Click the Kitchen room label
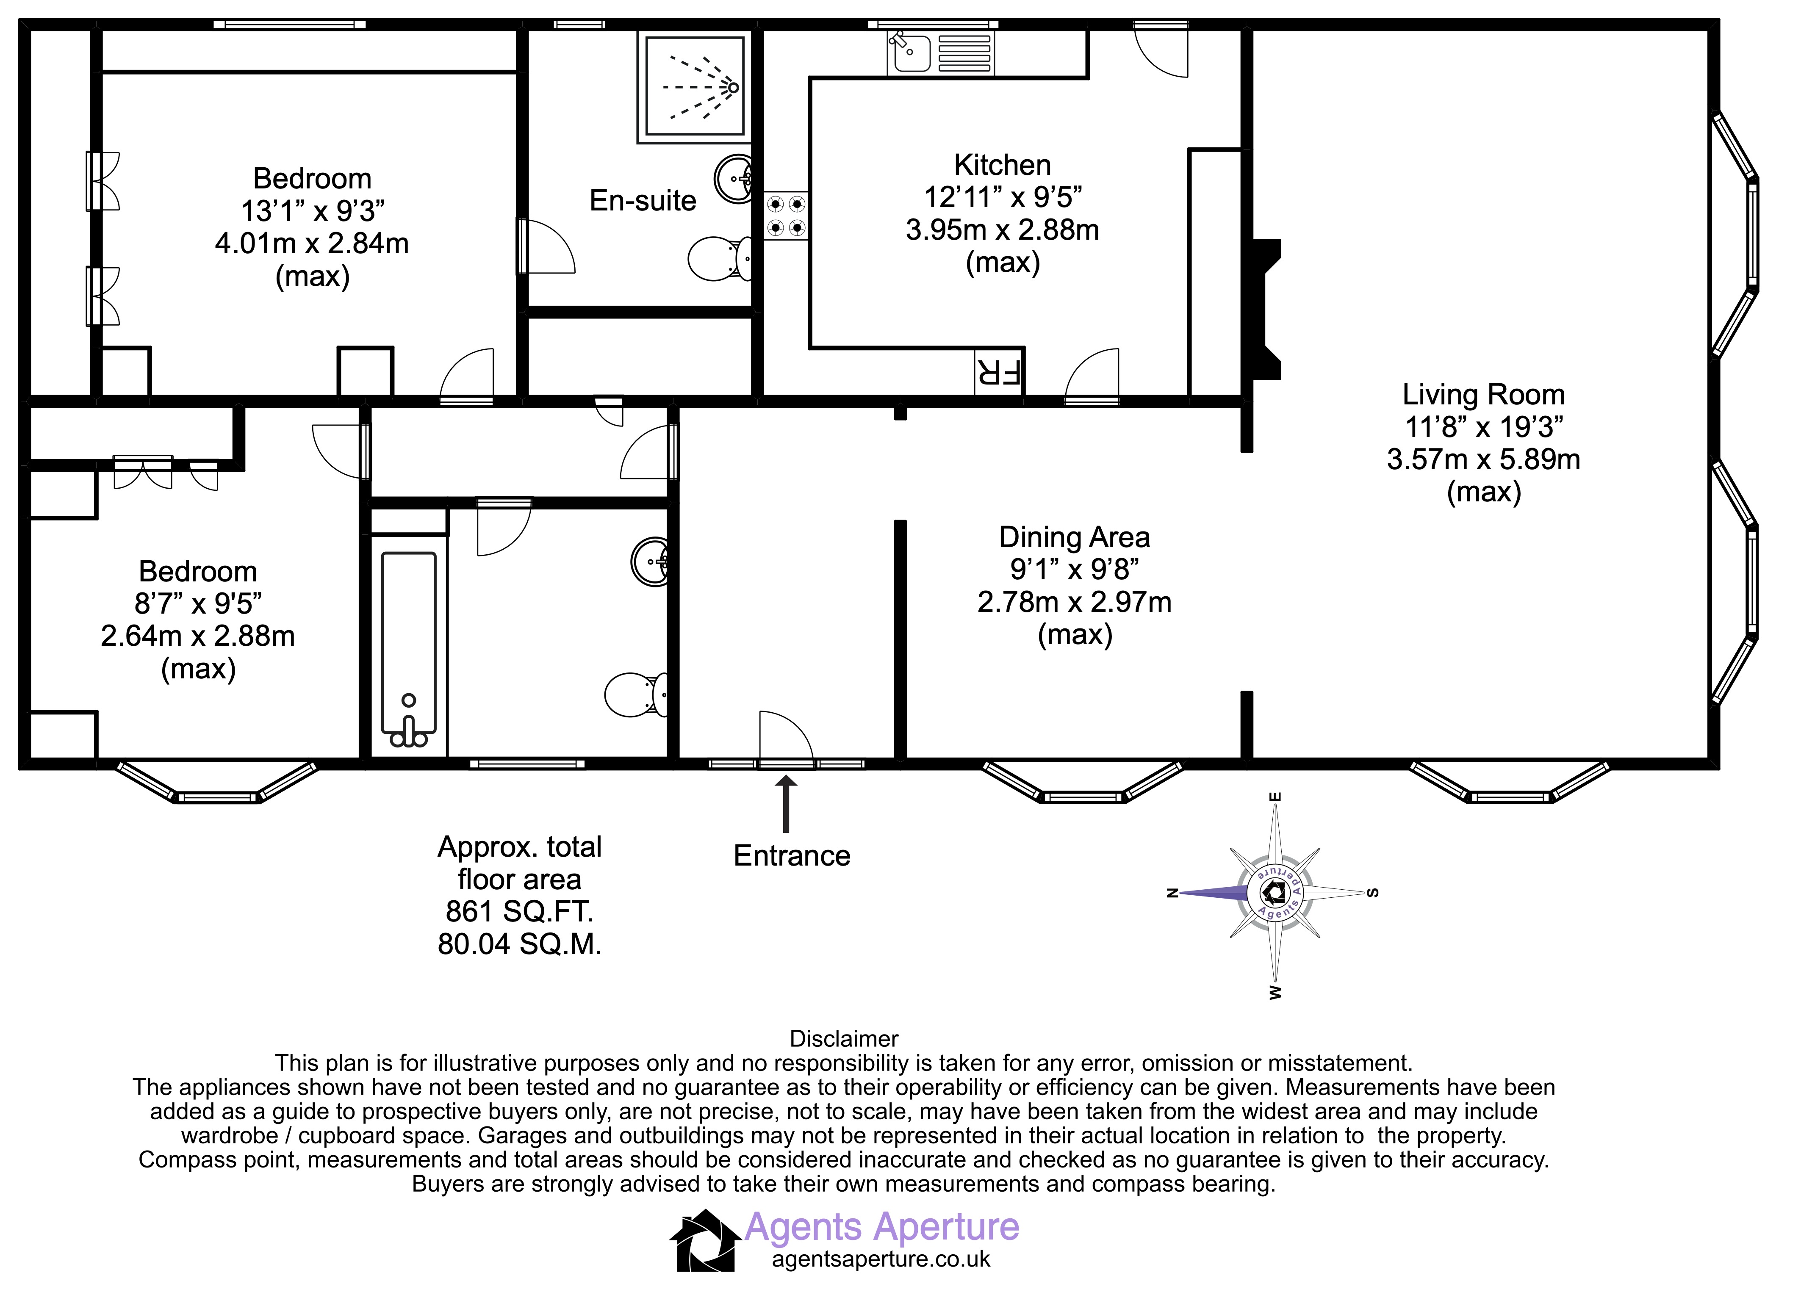pos(1002,165)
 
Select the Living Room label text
pos(1483,395)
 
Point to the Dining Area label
pos(1075,538)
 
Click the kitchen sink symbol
pos(939,53)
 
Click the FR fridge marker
pos(999,372)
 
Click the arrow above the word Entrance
pos(786,804)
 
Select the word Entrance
pos(792,856)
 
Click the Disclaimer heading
pos(844,1039)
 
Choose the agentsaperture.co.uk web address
pos(881,1259)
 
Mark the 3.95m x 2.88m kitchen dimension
pos(1002,230)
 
